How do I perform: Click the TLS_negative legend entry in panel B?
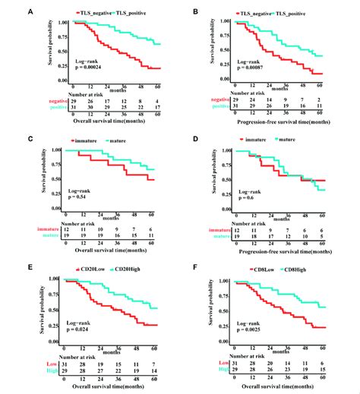click(257, 13)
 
